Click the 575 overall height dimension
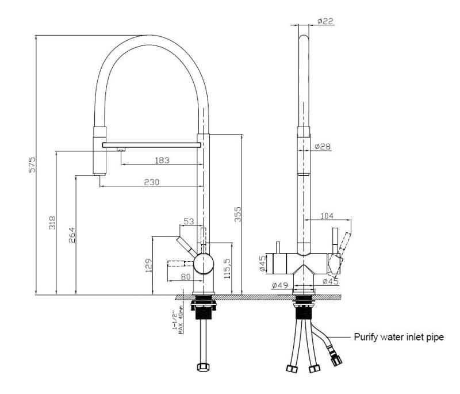(x=33, y=165)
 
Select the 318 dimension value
(x=52, y=223)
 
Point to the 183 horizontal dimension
(x=163, y=160)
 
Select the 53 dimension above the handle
(x=189, y=222)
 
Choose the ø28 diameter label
(x=323, y=147)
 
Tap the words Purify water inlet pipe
(x=398, y=338)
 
